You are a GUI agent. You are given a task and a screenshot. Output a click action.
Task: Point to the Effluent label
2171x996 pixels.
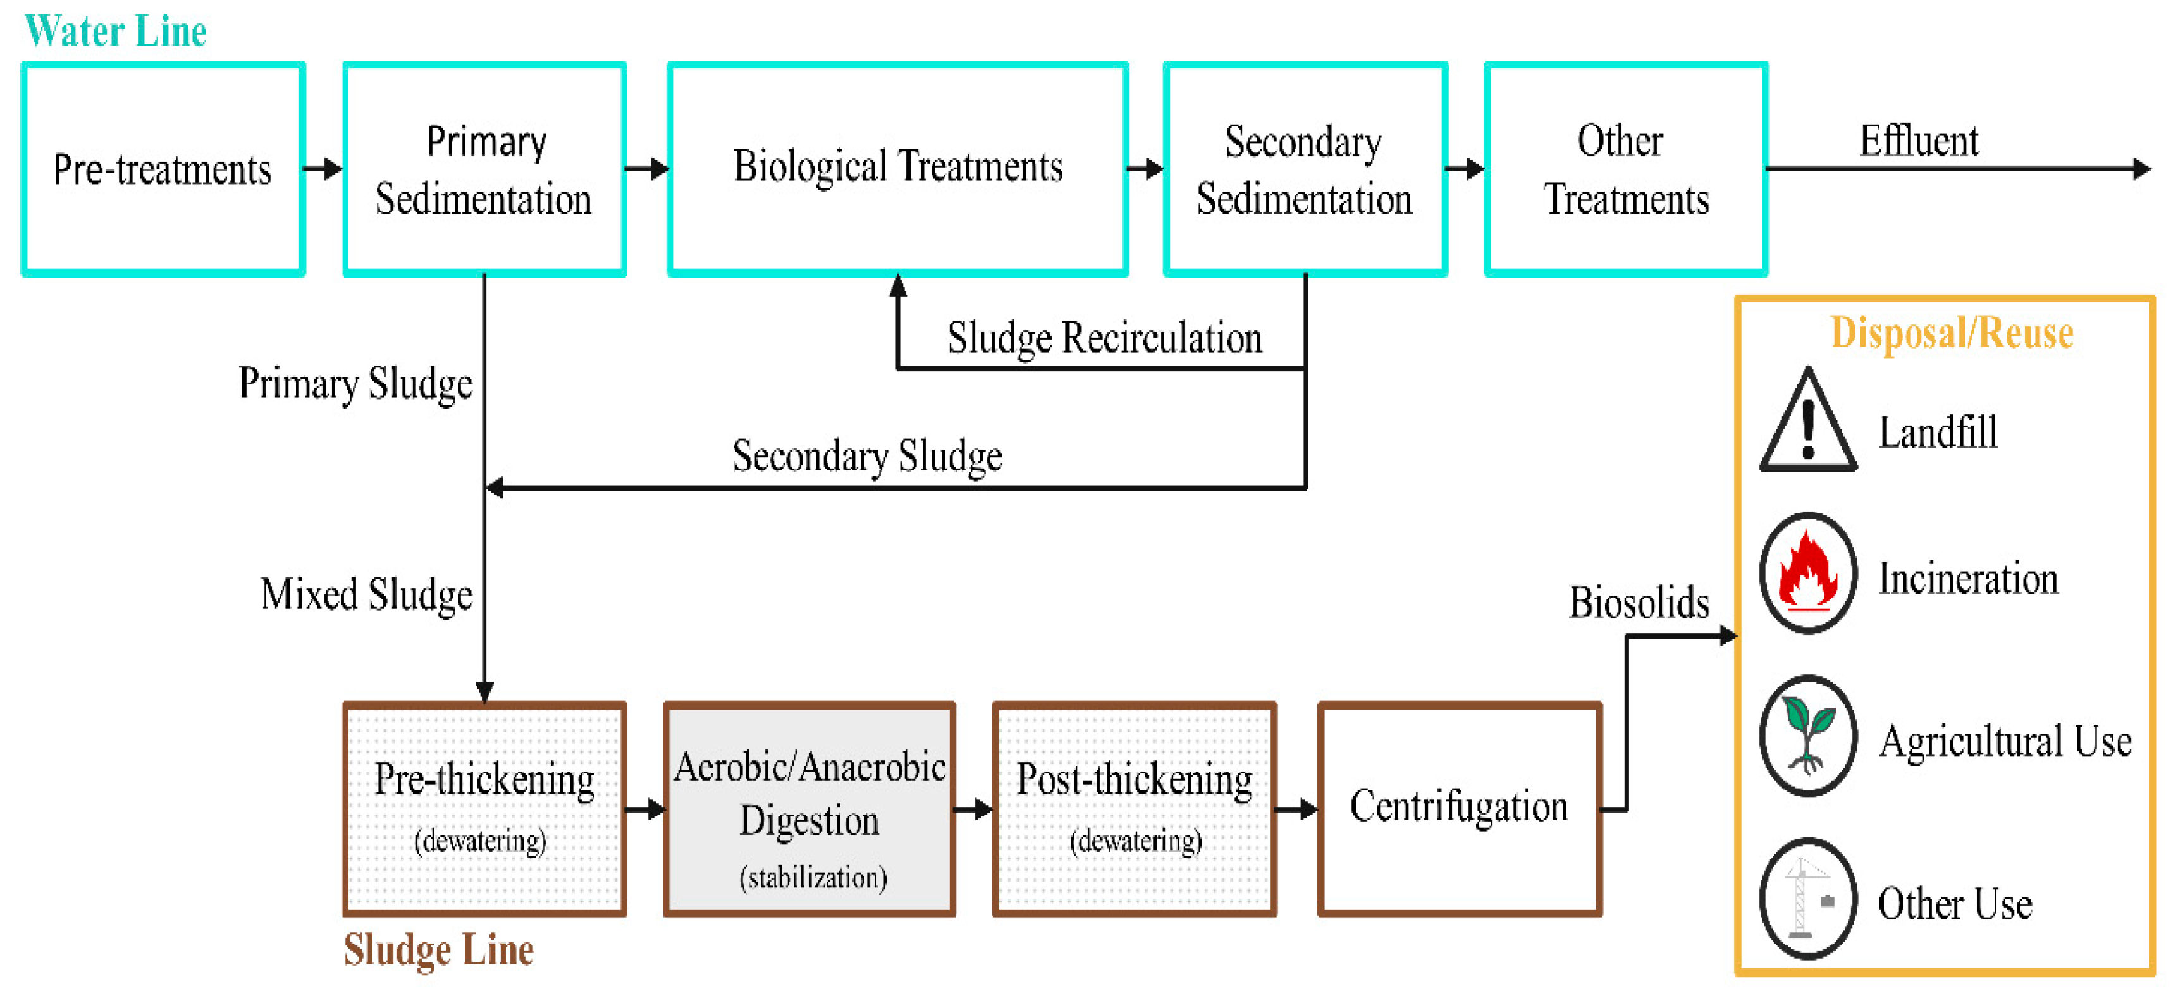1918,142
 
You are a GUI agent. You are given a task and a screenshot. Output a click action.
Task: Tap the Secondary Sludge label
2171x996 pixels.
866,457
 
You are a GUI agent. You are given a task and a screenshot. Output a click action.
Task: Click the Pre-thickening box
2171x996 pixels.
484,809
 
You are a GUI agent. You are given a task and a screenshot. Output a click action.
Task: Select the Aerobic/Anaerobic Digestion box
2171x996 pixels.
809,809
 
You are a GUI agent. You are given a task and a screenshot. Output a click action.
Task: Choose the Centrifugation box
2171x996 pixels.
1459,809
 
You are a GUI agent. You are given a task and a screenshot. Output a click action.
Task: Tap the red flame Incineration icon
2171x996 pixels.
1808,573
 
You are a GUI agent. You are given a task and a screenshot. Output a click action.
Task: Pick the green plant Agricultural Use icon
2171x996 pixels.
1808,735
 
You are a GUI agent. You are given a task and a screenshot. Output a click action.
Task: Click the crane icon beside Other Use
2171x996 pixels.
1808,898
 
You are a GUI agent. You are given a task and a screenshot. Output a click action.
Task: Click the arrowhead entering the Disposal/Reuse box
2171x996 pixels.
1727,636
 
